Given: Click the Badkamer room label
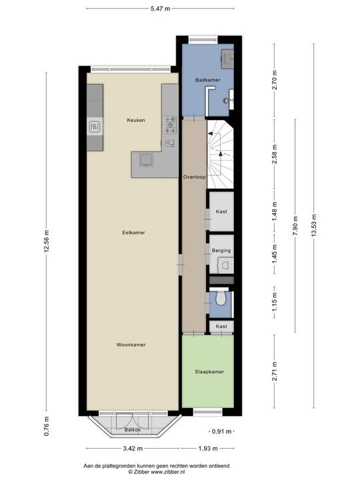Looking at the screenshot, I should click(x=207, y=80).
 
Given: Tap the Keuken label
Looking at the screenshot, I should click(x=137, y=120).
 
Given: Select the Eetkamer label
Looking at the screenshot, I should click(x=133, y=233).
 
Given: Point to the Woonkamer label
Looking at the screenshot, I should click(x=131, y=345).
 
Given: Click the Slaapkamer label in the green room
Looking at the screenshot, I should click(x=209, y=372).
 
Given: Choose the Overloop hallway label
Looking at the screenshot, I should click(x=193, y=177).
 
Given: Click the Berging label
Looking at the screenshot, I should click(x=222, y=251).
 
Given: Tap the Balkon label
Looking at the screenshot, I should click(x=133, y=430).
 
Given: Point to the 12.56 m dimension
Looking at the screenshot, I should click(x=46, y=241).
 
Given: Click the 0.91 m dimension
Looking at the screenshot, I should click(x=223, y=431).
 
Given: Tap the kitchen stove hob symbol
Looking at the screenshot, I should click(x=170, y=123).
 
